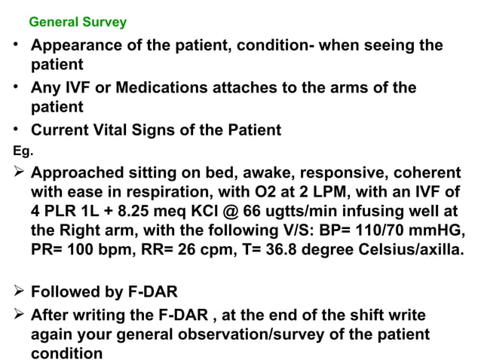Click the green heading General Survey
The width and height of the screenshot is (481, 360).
[x=78, y=23]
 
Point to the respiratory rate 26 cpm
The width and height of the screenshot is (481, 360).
[x=219, y=249]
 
